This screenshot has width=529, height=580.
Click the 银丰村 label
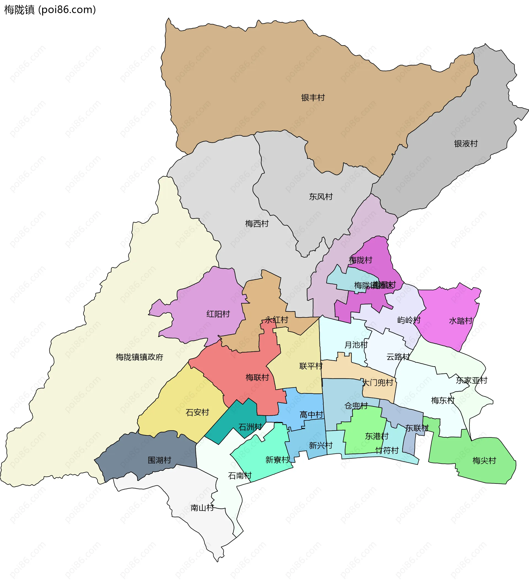tap(313, 98)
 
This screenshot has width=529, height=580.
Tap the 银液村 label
tap(466, 144)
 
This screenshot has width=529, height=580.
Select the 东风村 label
tap(321, 197)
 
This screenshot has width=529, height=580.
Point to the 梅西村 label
tap(257, 224)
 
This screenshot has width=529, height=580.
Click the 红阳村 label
tap(218, 314)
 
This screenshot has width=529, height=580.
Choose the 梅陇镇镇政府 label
tap(139, 357)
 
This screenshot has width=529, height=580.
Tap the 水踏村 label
tap(461, 321)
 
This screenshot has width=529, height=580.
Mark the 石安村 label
tap(197, 413)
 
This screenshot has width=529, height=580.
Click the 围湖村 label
tap(159, 460)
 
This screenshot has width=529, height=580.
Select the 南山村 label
tap(202, 508)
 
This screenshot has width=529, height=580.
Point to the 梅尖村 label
tap(484, 461)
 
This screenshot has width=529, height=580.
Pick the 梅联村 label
tap(257, 377)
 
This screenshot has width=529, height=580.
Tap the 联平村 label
tap(311, 366)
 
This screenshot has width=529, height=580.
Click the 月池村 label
tap(356, 345)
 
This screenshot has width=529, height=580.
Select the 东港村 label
tap(377, 436)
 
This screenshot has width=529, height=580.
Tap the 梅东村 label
tap(443, 400)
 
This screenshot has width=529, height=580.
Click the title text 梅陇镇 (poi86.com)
tap(50, 10)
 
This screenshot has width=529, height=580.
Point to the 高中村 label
tap(311, 415)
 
